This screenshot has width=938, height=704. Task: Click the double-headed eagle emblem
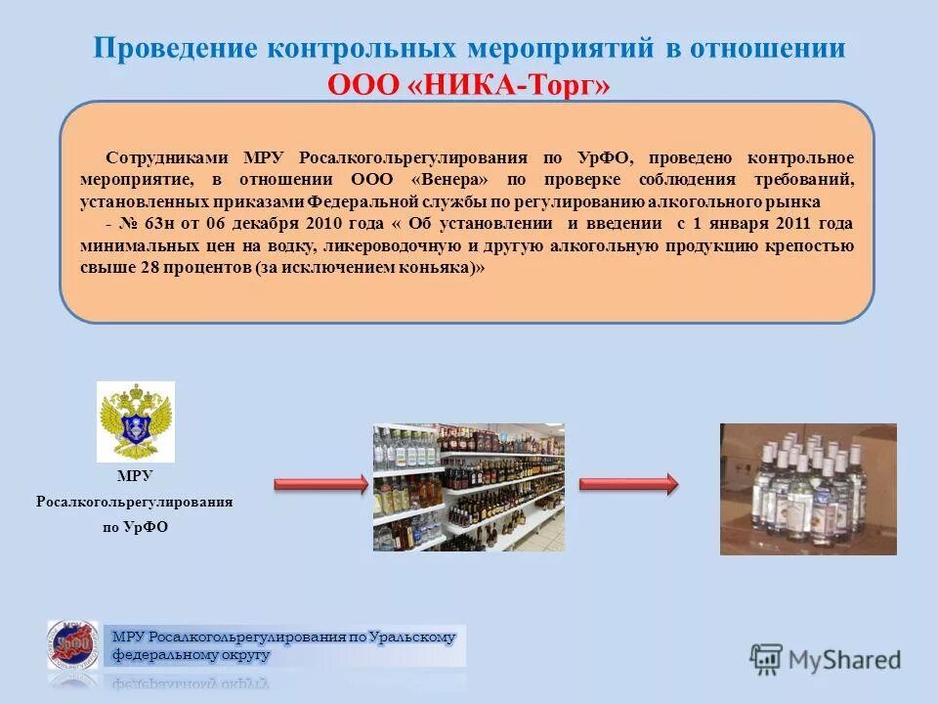pos(135,420)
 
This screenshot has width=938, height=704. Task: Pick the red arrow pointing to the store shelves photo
pos(320,484)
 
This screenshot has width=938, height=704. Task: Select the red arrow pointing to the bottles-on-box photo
pos(628,484)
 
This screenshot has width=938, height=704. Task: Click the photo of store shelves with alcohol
pos(469,487)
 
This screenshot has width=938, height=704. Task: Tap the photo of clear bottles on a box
pos(808,489)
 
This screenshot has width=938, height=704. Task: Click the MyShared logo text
pos(845,660)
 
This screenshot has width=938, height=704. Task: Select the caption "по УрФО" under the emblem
pos(135,527)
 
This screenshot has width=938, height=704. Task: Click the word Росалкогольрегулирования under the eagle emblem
pos(135,502)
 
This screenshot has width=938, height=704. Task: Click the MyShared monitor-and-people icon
pos(767,659)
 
